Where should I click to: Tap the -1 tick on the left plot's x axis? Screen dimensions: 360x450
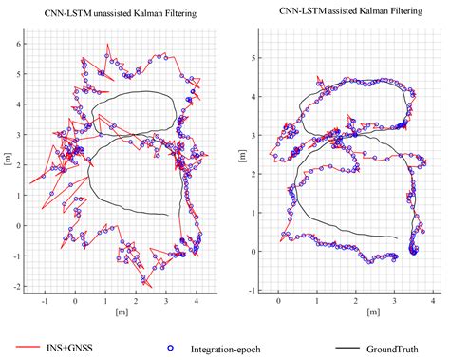44,300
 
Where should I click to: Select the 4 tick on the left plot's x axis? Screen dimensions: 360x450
197,300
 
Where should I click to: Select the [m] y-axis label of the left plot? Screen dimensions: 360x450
9,161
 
